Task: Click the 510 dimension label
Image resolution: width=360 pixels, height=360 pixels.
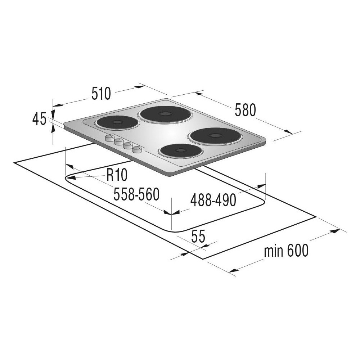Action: click(101, 94)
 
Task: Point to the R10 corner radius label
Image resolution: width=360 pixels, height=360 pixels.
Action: click(117, 175)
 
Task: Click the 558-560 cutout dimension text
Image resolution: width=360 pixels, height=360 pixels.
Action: click(136, 194)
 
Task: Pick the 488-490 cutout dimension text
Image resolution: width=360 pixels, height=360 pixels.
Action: click(213, 200)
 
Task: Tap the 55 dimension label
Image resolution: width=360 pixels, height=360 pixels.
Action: click(198, 237)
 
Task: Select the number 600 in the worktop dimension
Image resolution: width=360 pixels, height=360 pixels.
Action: click(297, 251)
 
